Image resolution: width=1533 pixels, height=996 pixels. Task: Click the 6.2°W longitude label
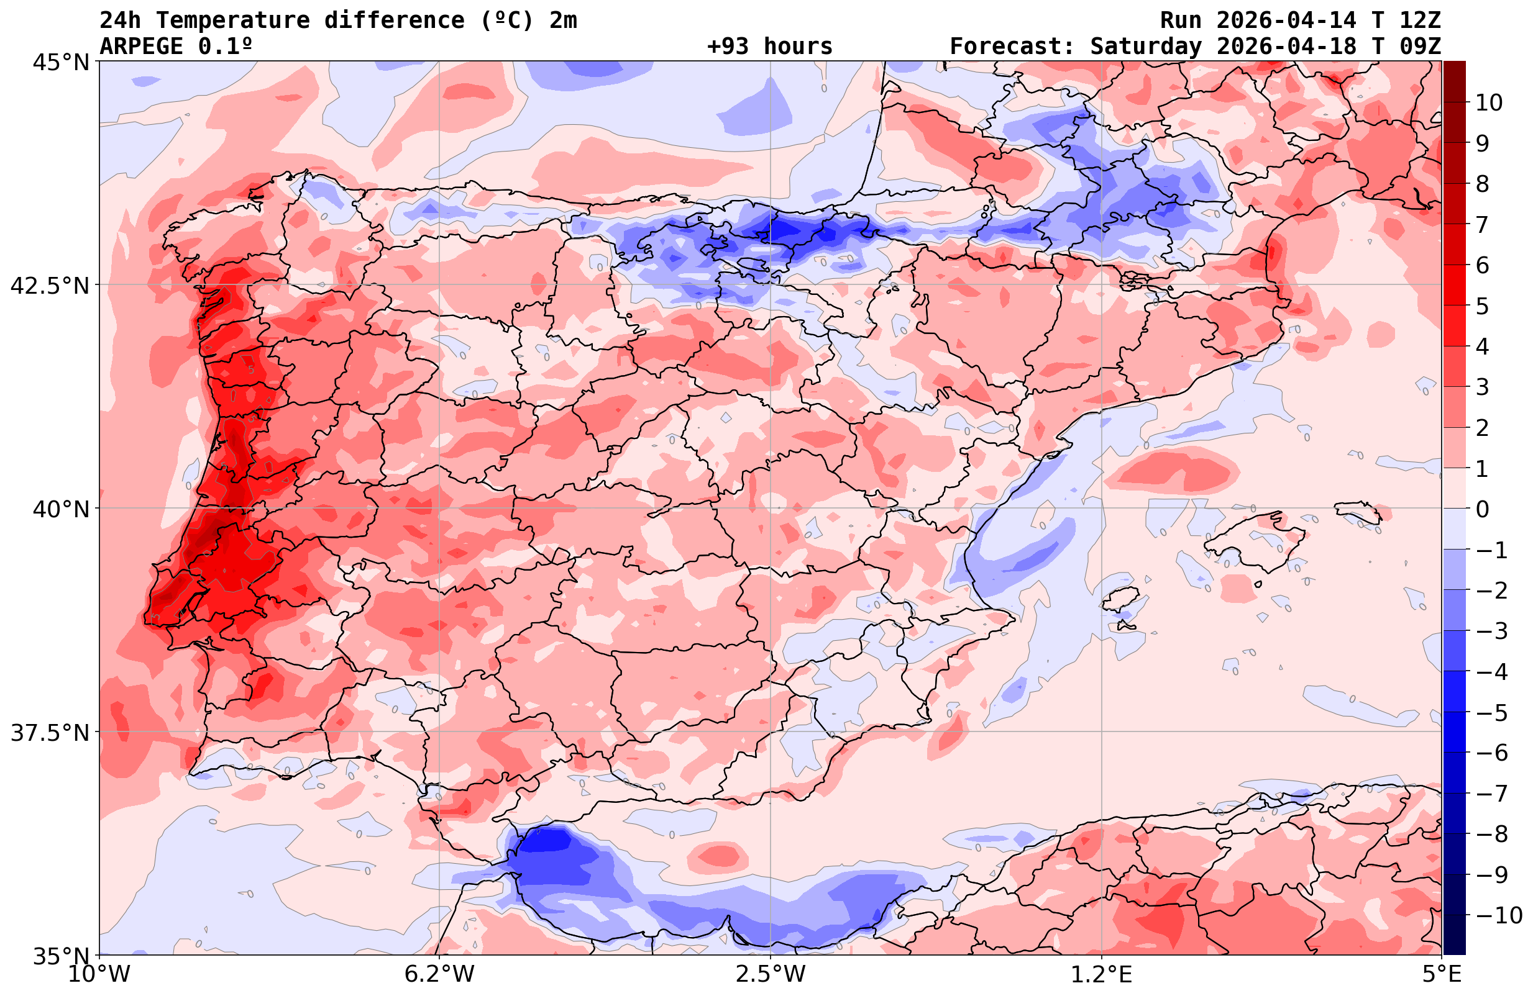[x=439, y=974]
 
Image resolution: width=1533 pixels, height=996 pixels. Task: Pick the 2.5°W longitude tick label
[x=771, y=974]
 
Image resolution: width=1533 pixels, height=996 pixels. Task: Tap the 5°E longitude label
[x=1442, y=974]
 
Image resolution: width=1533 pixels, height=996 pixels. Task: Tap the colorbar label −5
[x=1491, y=713]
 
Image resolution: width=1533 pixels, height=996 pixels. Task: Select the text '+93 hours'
[x=770, y=47]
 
